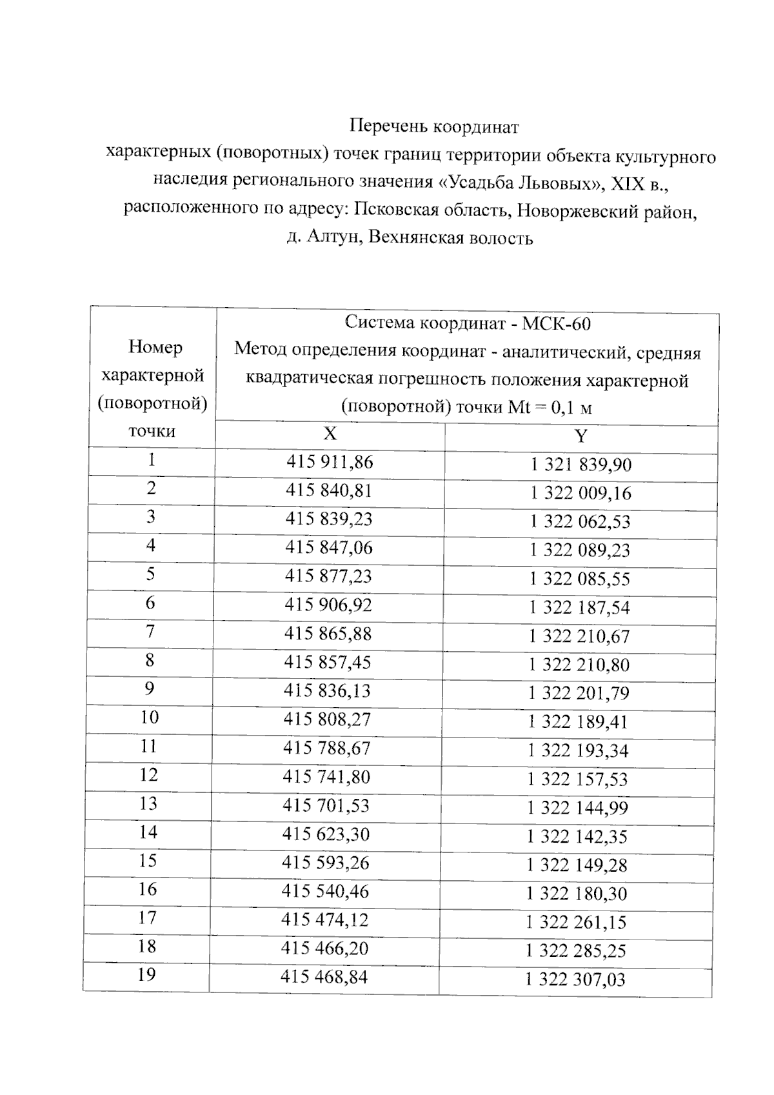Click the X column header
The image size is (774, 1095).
tap(330, 434)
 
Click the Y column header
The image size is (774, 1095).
tap(580, 437)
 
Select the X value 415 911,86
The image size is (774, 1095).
tap(330, 462)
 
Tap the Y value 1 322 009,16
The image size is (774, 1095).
tap(580, 494)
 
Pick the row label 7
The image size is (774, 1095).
tap(150, 631)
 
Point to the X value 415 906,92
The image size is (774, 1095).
tap(328, 605)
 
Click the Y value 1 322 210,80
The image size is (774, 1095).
tap(579, 665)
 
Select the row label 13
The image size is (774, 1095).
tap(148, 803)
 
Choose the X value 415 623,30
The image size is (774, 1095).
tap(326, 834)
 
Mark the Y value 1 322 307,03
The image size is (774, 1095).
tap(575, 980)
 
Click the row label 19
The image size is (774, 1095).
tap(147, 974)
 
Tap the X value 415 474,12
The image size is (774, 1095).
tap(324, 920)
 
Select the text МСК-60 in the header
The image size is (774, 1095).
tap(556, 323)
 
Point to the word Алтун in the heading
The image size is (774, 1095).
tap(334, 238)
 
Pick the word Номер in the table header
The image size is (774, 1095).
tap(155, 347)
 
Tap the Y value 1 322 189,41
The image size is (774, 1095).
tap(578, 722)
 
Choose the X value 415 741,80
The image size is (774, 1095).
tap(326, 777)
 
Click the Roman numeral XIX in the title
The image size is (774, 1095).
tap(628, 183)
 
